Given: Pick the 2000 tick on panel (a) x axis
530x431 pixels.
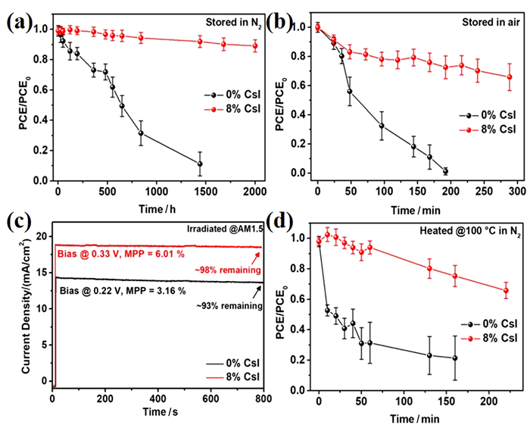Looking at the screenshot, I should (255, 190).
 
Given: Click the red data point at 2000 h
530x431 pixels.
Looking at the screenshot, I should (255, 45).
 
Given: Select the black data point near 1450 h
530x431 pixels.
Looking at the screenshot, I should (200, 164).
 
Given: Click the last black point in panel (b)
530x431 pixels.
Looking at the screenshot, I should (445, 171).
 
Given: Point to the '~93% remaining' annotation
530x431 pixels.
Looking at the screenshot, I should (229, 306).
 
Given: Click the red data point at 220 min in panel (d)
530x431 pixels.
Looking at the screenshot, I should (506, 291).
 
